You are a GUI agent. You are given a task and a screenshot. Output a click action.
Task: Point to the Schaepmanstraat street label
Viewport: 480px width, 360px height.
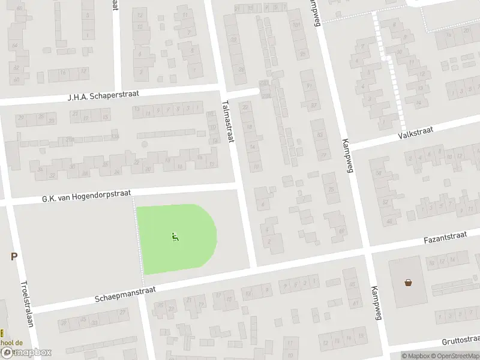tap(125, 294)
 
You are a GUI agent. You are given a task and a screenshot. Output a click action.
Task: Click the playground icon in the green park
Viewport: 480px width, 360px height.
tap(175, 237)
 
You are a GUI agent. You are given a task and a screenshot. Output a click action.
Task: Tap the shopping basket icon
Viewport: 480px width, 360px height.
tap(409, 282)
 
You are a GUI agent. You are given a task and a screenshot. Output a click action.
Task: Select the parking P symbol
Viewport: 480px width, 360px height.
tap(13, 257)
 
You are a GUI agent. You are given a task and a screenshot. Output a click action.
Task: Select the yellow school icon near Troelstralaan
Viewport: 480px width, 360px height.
tap(2, 332)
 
